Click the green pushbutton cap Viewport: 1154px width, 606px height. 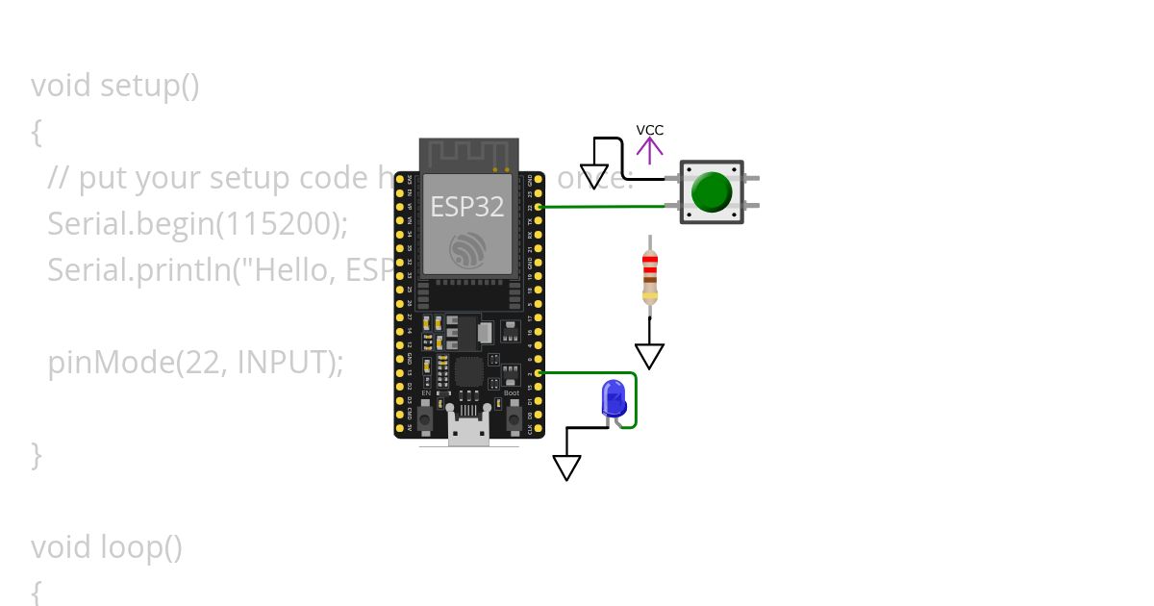pyautogui.click(x=712, y=192)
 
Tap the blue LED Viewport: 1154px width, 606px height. pyautogui.click(x=612, y=398)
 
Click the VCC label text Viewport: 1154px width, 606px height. pyautogui.click(x=649, y=130)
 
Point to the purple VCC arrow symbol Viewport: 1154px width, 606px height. pyautogui.click(x=650, y=149)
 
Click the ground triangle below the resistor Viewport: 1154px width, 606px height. pyautogui.click(x=650, y=356)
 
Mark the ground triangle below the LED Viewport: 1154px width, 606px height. pyautogui.click(x=567, y=467)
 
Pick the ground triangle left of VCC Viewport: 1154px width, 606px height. pyautogui.click(x=594, y=177)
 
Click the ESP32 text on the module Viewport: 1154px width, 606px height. pyautogui.click(x=467, y=207)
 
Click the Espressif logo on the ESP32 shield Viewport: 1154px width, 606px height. pyautogui.click(x=468, y=252)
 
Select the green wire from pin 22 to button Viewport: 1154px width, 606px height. pyautogui.click(x=606, y=206)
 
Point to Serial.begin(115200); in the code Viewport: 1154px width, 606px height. pyautogui.click(x=197, y=224)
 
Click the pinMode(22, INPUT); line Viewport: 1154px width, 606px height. pyautogui.click(x=195, y=363)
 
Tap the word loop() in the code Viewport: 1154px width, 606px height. pyautogui.click(x=141, y=547)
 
